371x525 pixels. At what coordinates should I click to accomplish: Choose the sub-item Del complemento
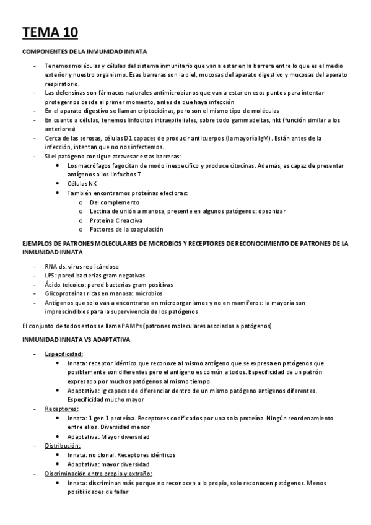click(x=115, y=202)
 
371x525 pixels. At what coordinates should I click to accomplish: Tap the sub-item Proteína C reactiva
click(x=116, y=220)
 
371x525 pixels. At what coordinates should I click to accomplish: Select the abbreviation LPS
click(x=51, y=275)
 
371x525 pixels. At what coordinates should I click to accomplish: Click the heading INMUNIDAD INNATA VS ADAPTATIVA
click(x=76, y=340)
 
